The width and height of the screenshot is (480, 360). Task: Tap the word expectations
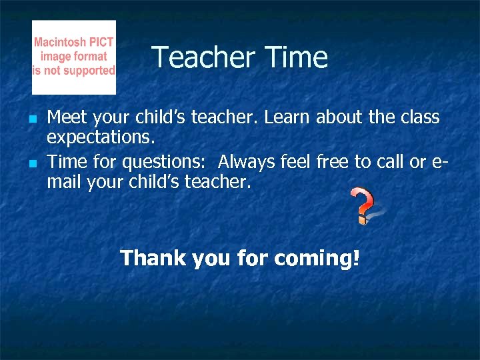pyautogui.click(x=101, y=139)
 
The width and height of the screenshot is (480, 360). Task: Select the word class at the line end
pyautogui.click(x=419, y=118)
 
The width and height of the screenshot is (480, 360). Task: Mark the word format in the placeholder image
pyautogui.click(x=90, y=57)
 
